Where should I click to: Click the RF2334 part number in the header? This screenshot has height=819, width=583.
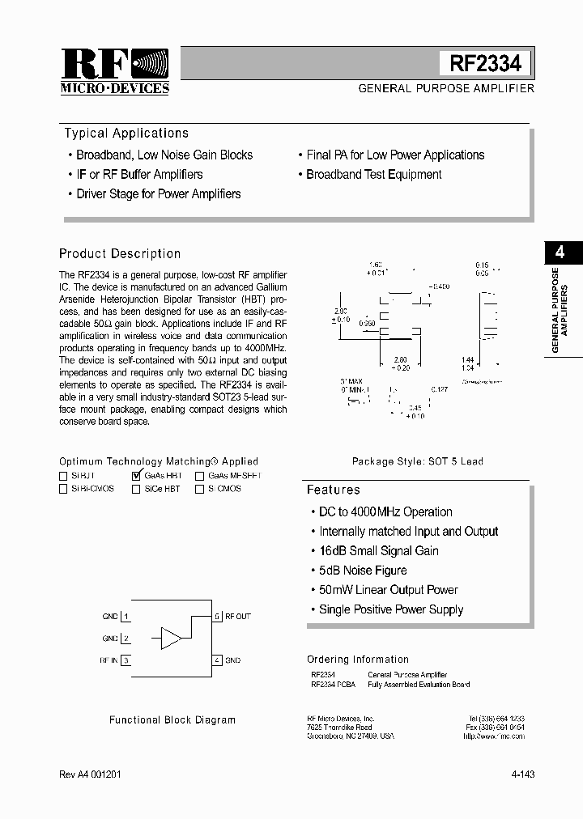point(485,63)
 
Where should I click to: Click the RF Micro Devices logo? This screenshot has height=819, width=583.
point(115,71)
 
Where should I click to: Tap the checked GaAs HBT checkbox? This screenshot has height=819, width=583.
point(136,476)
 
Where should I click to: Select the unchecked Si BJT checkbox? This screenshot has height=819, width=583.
point(63,477)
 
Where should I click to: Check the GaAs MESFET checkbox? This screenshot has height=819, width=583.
point(199,477)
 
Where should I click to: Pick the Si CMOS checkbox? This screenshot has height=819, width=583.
point(199,489)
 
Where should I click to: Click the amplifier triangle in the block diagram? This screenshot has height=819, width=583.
point(171,638)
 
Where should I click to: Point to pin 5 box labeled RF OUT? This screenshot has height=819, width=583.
point(217,617)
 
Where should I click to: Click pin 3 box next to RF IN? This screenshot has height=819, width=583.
point(126,660)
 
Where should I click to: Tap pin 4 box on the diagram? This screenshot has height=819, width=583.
point(217,660)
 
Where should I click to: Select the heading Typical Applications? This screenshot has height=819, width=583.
point(126,134)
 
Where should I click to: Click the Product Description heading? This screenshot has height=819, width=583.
point(120,253)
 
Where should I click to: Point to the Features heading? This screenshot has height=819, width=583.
point(333,490)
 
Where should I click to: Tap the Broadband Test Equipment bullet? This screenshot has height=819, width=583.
point(373,175)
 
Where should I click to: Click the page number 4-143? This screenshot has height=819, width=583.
point(522,774)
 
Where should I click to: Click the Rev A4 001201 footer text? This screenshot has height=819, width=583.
point(91,774)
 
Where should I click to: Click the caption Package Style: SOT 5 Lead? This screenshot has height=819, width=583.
point(417,461)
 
